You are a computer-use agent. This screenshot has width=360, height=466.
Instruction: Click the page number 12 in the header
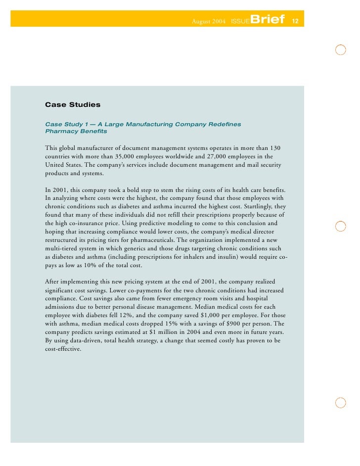[295, 21]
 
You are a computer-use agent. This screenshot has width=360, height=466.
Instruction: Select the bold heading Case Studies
[73, 105]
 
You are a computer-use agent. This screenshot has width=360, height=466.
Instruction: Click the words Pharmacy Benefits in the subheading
[76, 132]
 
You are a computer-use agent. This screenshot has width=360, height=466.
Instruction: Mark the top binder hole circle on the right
[340, 50]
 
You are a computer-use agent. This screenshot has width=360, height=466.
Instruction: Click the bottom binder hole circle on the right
[340, 402]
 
